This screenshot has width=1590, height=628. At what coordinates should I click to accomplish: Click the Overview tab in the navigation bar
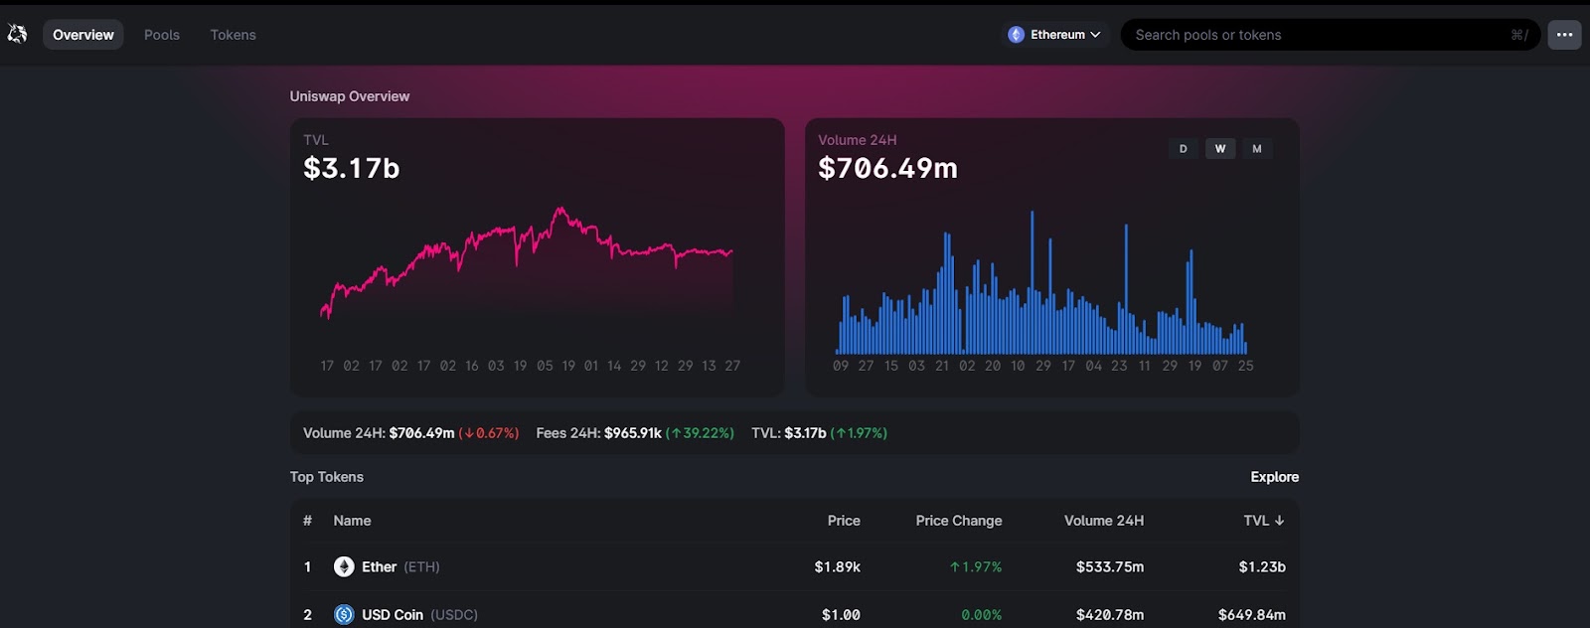point(83,35)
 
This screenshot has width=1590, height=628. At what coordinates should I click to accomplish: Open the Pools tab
point(162,35)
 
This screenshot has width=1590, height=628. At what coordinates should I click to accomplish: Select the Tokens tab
point(233,35)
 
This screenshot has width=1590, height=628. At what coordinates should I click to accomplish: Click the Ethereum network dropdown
point(1054,35)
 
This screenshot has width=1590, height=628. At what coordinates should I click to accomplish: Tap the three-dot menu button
point(1564,35)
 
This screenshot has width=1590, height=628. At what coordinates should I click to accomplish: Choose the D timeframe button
point(1183,149)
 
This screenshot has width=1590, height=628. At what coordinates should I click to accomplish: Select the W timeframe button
point(1220,149)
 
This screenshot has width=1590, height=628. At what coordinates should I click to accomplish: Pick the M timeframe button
point(1257,149)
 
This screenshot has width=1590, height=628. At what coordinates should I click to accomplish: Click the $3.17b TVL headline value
point(352,168)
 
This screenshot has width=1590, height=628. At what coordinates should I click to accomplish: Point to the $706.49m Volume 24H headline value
point(888,168)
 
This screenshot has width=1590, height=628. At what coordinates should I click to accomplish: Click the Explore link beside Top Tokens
point(1275,477)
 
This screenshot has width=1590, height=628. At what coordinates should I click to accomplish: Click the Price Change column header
point(959,521)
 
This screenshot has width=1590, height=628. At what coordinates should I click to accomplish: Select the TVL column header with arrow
point(1264,521)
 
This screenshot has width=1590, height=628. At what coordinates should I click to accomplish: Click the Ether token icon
point(344,566)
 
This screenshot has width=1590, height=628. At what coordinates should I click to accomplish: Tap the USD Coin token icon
point(344,614)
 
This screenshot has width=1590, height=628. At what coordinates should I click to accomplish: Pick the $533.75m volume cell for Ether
point(1110,567)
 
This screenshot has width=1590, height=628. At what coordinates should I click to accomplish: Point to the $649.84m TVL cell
point(1252,614)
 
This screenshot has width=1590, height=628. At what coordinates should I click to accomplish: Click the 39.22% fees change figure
point(700,433)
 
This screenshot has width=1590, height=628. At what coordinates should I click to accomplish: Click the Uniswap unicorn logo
point(17,34)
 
